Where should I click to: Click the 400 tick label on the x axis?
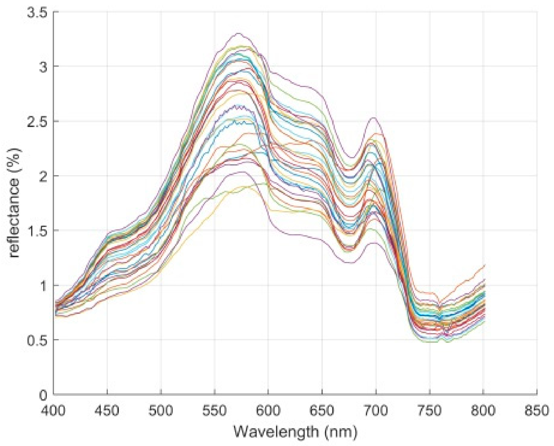[54, 411]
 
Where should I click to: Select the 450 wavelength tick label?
[108, 411]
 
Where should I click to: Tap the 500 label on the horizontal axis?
[161, 411]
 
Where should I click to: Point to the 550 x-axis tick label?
[215, 411]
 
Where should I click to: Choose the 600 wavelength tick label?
[269, 411]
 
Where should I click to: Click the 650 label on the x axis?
[323, 411]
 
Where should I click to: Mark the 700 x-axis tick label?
[376, 411]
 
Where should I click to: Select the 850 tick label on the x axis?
[537, 411]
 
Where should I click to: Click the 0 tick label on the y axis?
[44, 395]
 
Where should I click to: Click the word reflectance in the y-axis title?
[14, 218]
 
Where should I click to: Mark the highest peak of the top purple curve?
[238, 33]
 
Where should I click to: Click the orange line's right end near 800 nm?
[485, 265]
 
